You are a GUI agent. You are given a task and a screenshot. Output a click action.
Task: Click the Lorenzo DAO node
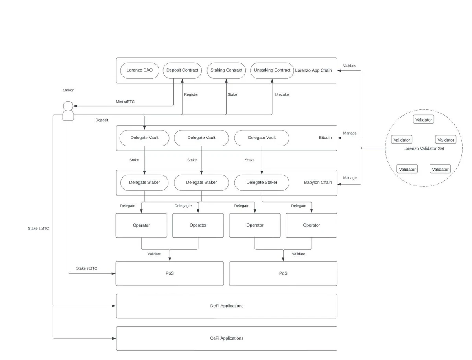point(140,70)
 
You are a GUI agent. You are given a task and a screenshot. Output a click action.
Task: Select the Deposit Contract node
point(182,70)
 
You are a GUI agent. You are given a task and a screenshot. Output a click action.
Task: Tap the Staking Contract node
point(226,70)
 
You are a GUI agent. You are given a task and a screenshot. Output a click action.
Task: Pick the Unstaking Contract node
point(272,70)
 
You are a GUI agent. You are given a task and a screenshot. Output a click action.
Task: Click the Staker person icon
point(68,111)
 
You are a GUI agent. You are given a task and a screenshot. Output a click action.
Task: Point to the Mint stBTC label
point(125,102)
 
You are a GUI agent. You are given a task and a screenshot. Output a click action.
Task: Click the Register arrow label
point(191,94)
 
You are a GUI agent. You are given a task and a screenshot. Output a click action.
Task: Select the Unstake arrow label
point(282,94)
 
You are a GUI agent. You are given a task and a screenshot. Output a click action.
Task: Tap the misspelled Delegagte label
point(183,206)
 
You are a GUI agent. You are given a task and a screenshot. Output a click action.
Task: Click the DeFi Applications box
point(227,306)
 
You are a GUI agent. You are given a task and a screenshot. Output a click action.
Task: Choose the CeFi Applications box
point(227,338)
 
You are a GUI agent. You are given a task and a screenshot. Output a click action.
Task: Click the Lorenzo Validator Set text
point(424,148)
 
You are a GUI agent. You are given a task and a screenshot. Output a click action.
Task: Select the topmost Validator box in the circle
point(424,120)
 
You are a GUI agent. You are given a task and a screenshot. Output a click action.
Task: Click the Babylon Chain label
point(318,183)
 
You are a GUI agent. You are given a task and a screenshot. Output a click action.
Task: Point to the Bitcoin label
point(325,138)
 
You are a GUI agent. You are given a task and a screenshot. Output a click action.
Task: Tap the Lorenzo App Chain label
point(313,70)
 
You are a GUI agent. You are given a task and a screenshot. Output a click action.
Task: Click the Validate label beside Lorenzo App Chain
point(349,66)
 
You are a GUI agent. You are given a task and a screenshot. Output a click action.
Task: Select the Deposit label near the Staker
point(102,120)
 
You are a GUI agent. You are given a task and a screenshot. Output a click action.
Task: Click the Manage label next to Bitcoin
point(350,133)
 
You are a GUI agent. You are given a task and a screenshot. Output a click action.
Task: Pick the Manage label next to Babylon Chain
point(350,178)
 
